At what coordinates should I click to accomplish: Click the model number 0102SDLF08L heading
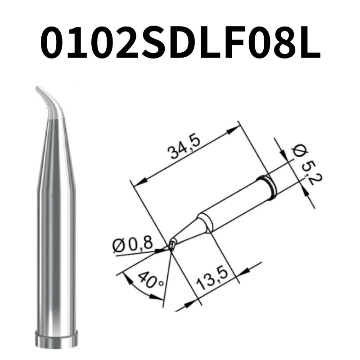[180, 44]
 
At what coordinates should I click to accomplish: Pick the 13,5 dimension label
[213, 279]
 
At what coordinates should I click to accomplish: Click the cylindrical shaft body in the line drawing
[229, 207]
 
